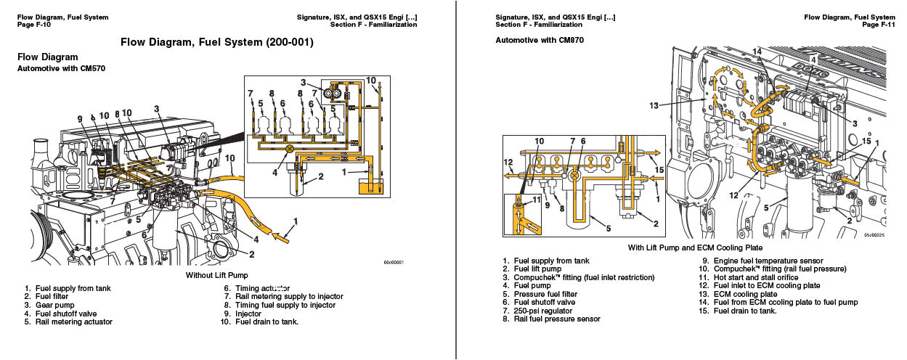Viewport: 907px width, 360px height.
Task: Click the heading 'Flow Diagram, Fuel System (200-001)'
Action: [217, 42]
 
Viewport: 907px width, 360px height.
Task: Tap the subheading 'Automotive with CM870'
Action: [539, 40]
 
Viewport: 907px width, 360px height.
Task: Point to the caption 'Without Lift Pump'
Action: [217, 277]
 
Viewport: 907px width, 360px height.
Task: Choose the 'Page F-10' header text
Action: [33, 25]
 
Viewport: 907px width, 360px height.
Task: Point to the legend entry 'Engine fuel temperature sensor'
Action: [768, 261]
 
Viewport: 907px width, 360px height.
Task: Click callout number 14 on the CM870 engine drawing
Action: [757, 52]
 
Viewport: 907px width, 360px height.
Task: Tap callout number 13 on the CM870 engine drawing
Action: [654, 105]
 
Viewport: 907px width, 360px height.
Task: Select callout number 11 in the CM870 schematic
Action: [537, 200]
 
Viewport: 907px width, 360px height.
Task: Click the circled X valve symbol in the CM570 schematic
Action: [289, 148]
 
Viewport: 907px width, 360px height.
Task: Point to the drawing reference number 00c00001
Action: [394, 263]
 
